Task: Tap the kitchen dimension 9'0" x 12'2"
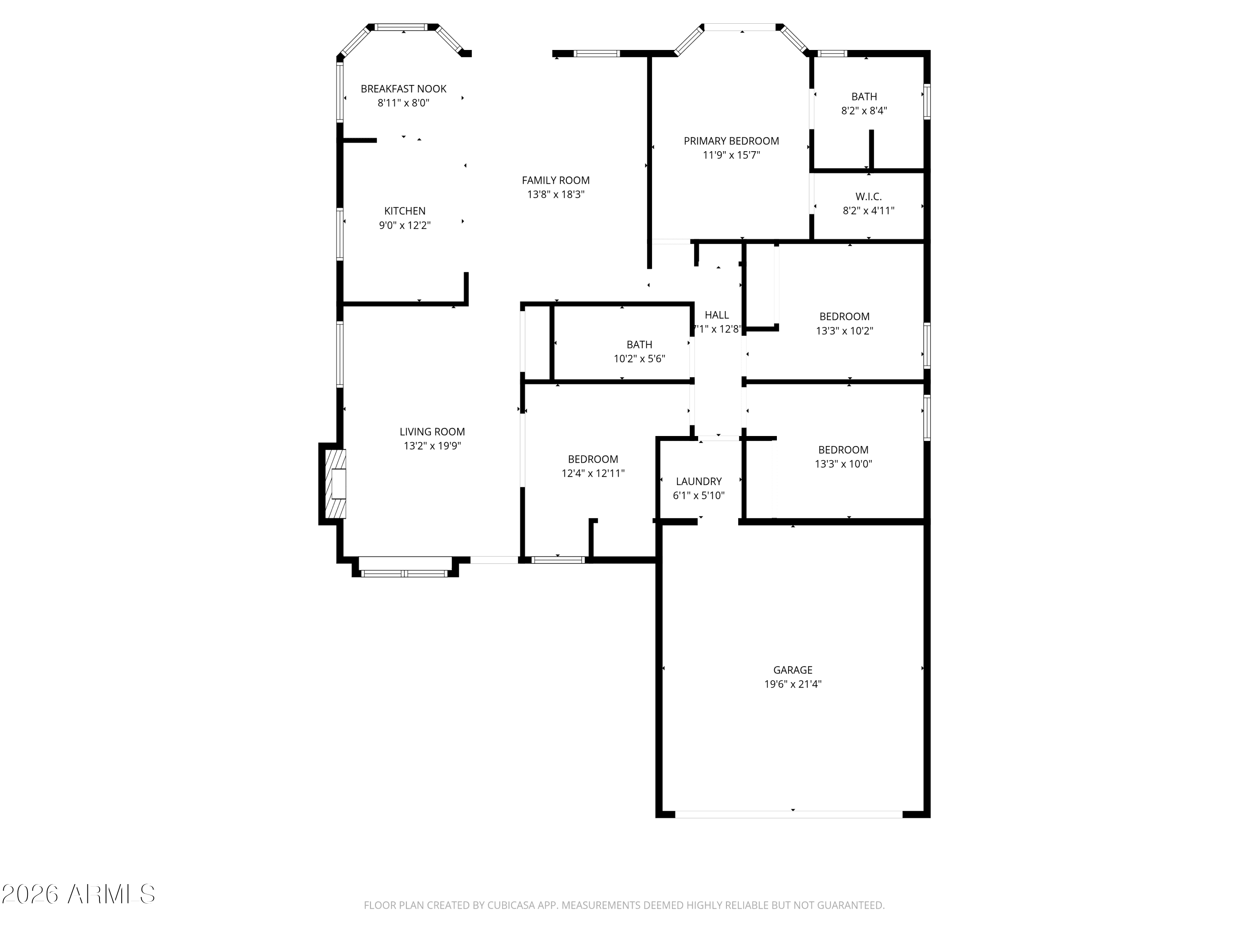pos(405,225)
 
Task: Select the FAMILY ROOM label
pos(556,180)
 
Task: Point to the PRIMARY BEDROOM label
pos(731,141)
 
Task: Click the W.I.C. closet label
pos(868,197)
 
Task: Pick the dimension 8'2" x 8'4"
pos(864,111)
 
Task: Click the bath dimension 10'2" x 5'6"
pos(639,359)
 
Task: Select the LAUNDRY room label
pos(699,481)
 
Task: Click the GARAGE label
pos(793,670)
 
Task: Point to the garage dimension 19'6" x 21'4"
pos(793,684)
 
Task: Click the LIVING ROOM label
pos(432,431)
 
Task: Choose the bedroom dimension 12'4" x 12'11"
pos(593,473)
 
